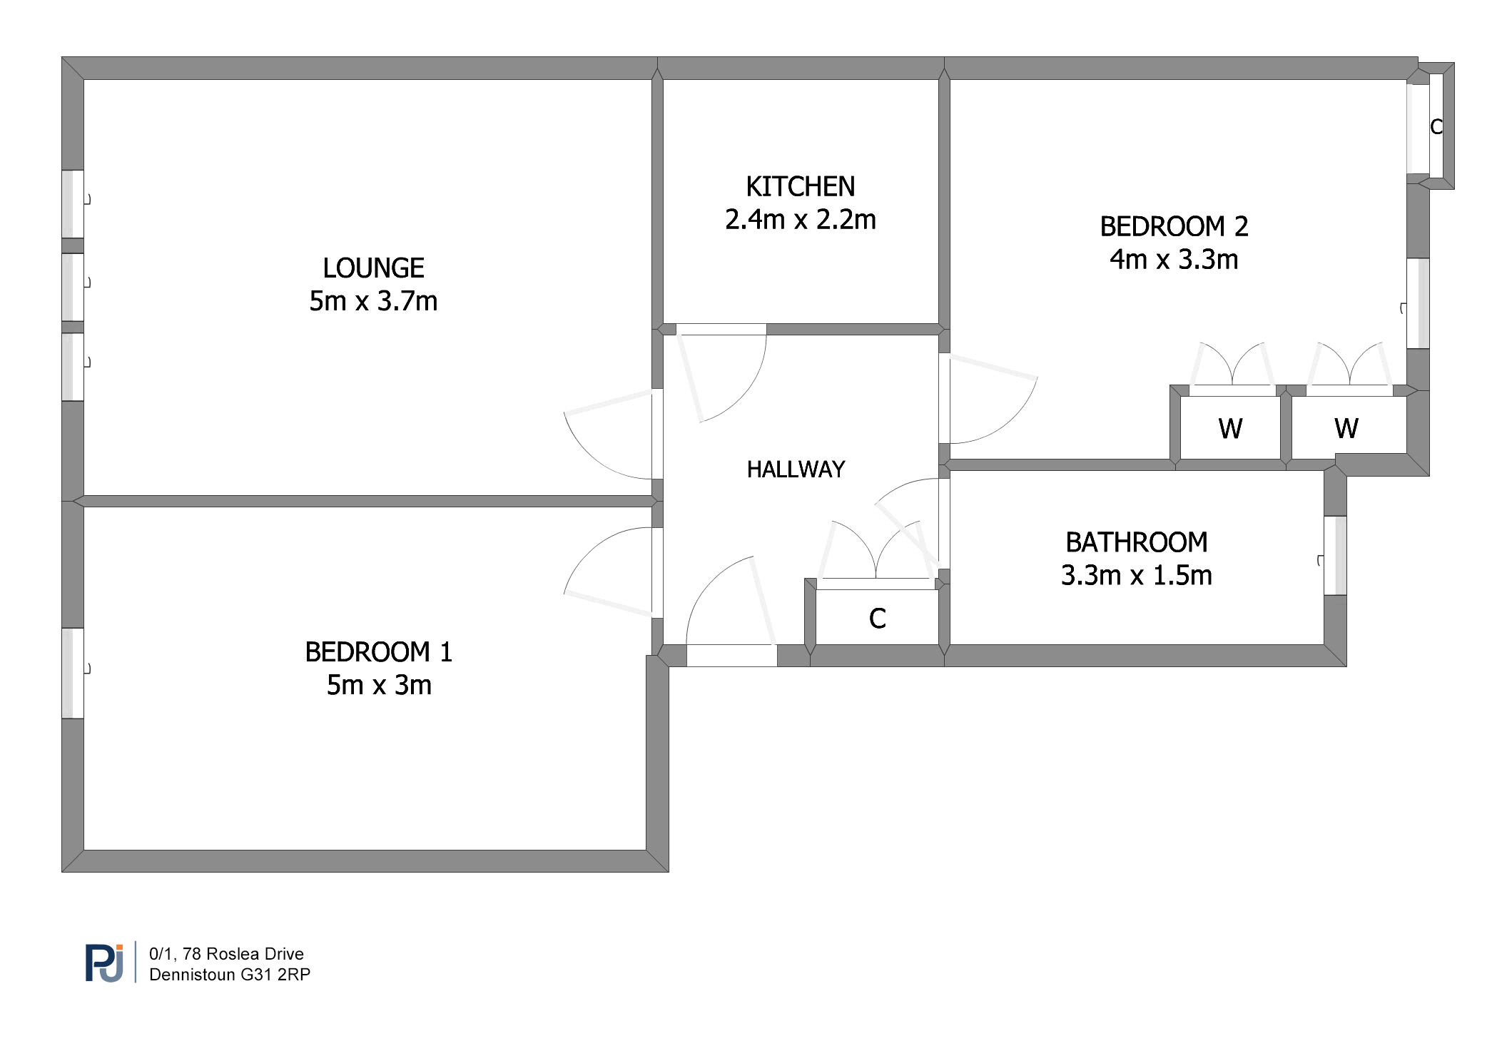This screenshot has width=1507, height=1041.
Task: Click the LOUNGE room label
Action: click(373, 268)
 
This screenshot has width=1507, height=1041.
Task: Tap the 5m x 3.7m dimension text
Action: click(373, 301)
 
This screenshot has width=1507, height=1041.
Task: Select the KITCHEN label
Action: click(800, 187)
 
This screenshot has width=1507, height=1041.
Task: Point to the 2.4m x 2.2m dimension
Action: click(800, 220)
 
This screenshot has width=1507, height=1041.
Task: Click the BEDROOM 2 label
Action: click(1174, 227)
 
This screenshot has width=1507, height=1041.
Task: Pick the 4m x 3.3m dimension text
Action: click(1174, 260)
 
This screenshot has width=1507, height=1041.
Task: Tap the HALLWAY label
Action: click(796, 469)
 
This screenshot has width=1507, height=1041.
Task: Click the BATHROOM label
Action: click(1136, 542)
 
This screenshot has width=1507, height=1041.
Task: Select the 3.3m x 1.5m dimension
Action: click(1136, 575)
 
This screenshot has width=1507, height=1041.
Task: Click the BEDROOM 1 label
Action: click(378, 652)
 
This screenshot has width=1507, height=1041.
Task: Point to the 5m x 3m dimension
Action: click(378, 685)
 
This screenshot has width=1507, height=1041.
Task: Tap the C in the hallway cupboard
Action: click(877, 619)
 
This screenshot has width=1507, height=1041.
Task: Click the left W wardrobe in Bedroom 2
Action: click(1230, 428)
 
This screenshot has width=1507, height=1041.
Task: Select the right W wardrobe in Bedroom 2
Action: click(1346, 428)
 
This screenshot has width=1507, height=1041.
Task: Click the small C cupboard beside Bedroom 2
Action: click(1436, 127)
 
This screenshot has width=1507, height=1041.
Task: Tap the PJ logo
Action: click(105, 963)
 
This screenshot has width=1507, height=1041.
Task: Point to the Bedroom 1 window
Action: click(73, 673)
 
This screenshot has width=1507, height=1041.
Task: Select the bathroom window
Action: click(1335, 555)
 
